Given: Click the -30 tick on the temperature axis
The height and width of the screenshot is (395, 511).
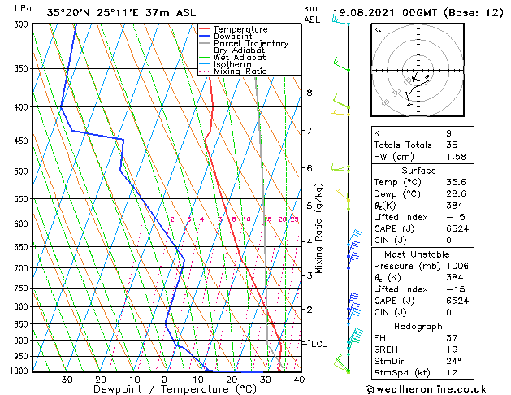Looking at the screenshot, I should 63,380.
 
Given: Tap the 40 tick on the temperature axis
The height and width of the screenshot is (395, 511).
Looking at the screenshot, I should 299,380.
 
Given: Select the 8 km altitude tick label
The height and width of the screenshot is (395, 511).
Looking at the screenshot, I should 309,93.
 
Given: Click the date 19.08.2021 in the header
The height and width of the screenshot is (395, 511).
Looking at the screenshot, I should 361,12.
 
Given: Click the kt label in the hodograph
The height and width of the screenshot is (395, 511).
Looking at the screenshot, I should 377,28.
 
